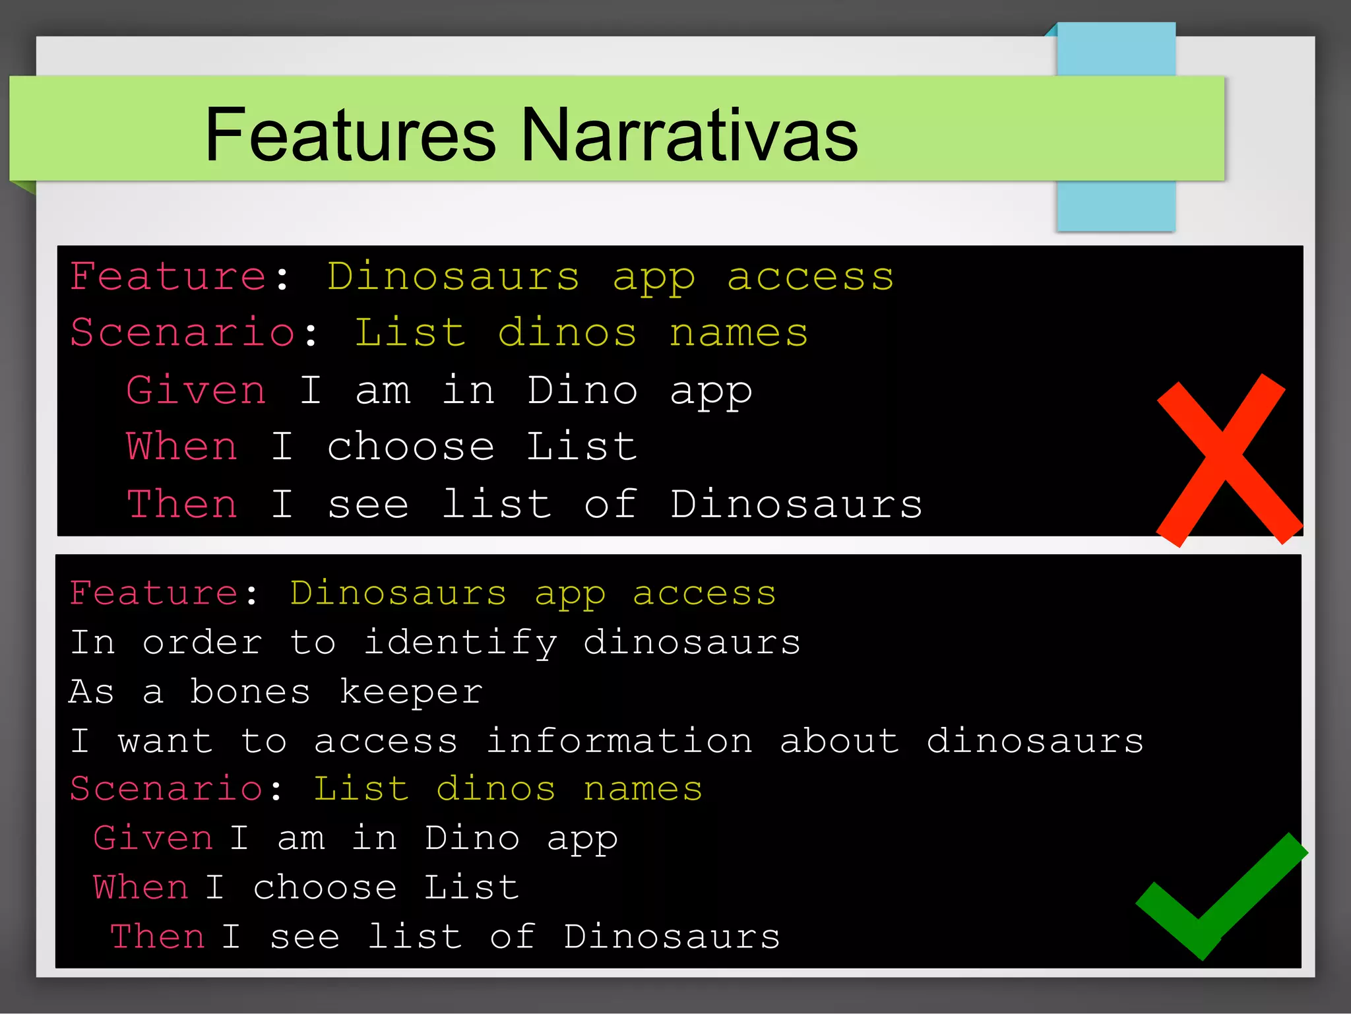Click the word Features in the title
click(350, 135)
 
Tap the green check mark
click(1220, 897)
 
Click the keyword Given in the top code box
click(197, 391)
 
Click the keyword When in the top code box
click(182, 447)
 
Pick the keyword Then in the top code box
click(182, 505)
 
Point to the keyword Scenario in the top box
click(182, 333)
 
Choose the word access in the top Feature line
click(810, 277)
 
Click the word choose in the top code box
click(410, 447)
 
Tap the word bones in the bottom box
click(250, 692)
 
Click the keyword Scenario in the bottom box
click(167, 790)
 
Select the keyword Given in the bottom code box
click(153, 839)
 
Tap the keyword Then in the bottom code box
click(158, 937)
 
